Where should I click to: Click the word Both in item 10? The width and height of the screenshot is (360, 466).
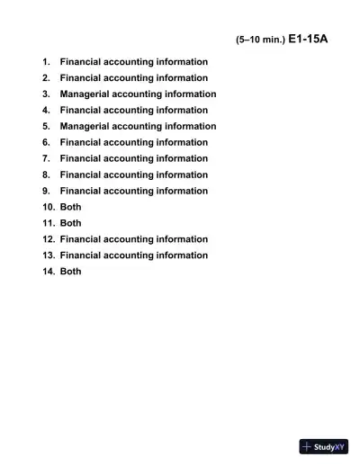click(70, 207)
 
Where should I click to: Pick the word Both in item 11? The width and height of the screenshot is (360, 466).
click(70, 223)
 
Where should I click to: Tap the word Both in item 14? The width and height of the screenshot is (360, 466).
click(70, 272)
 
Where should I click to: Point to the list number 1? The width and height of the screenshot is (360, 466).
click(46, 61)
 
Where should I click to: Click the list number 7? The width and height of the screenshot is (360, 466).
click(46, 158)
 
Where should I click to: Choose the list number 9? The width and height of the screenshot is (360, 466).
click(46, 191)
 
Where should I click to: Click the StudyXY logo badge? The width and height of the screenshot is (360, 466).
click(324, 446)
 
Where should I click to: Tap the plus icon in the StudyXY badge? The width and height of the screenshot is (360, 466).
click(307, 446)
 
